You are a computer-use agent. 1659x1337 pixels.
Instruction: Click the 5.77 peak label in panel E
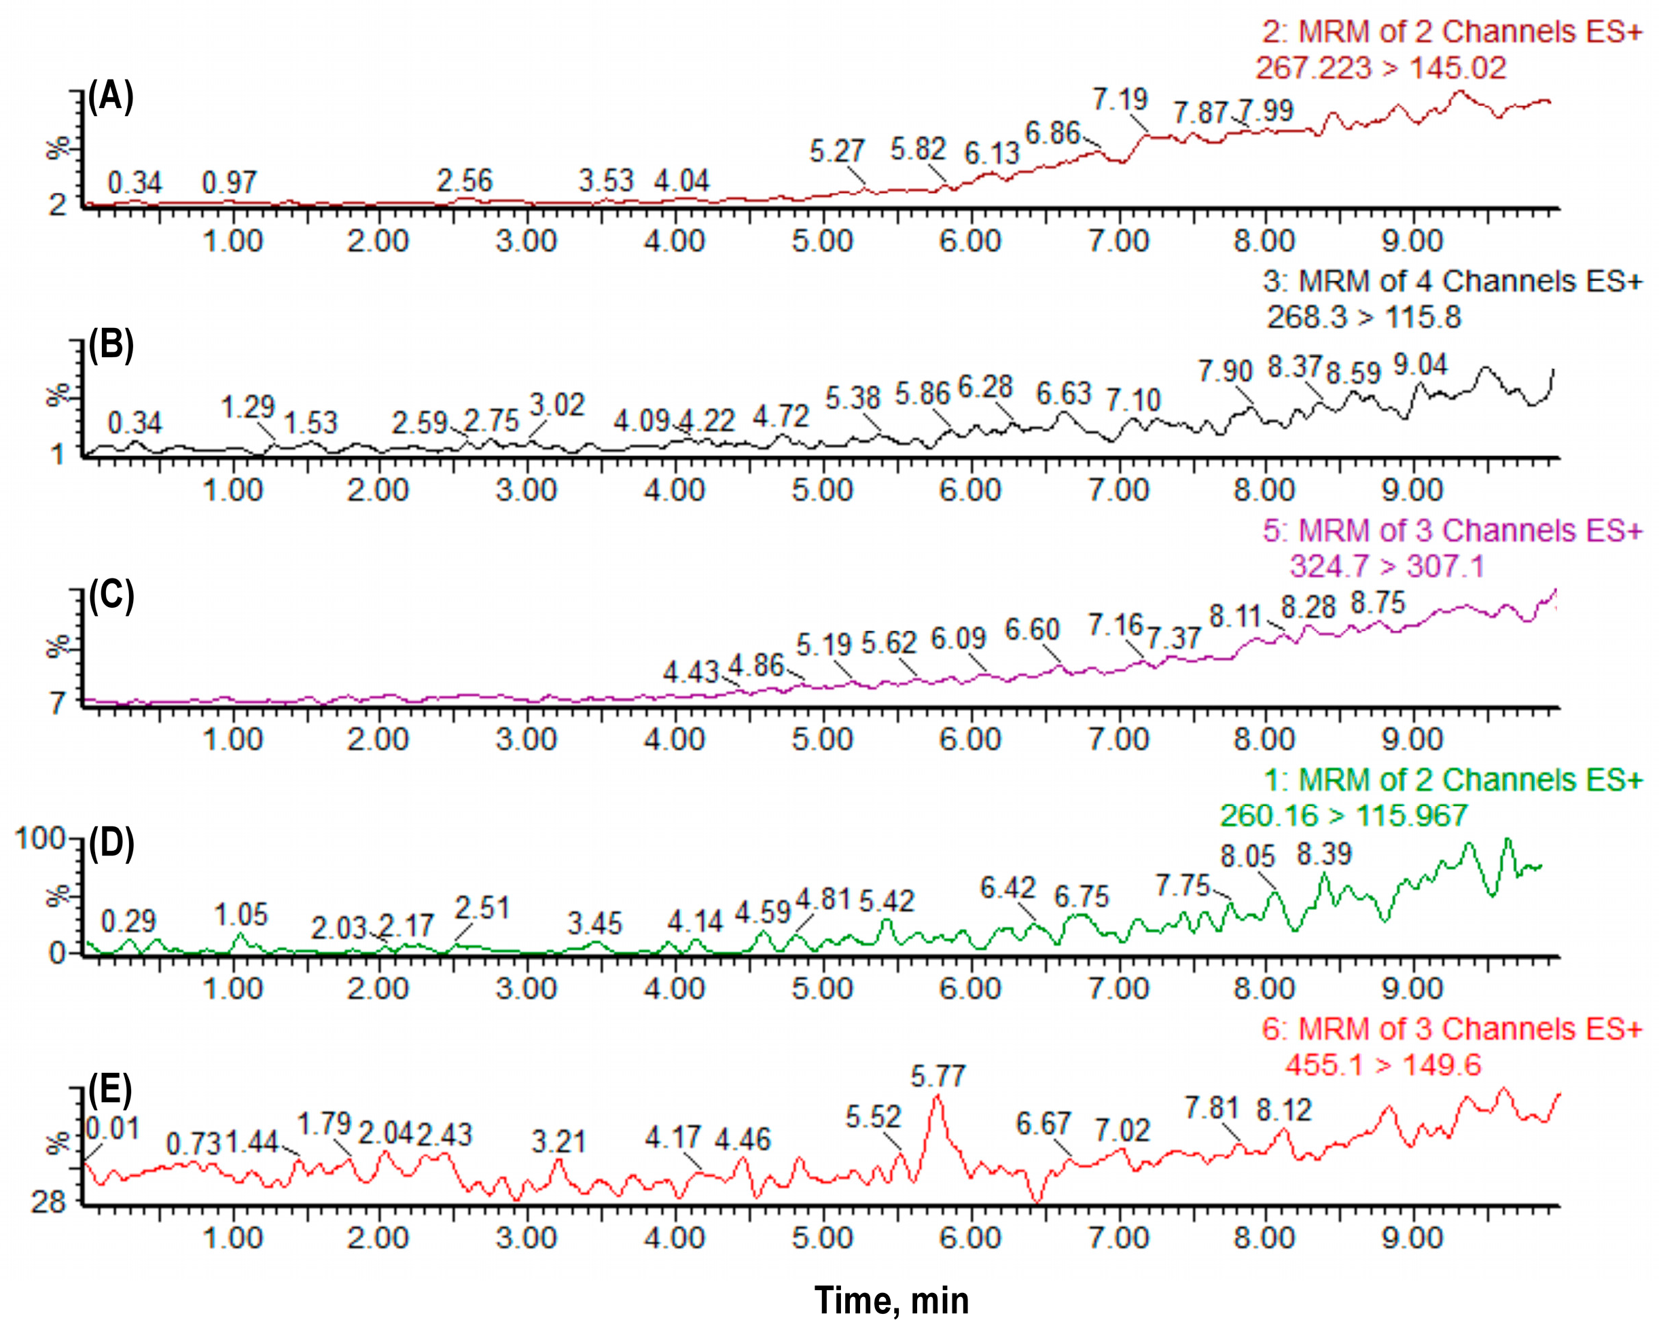pos(938,1076)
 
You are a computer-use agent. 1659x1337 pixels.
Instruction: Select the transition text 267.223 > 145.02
pos(1381,68)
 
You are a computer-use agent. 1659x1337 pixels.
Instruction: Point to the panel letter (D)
pos(111,843)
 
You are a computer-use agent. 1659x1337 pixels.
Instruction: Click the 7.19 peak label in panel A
pos(1120,99)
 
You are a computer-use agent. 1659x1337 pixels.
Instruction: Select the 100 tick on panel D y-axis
pos(40,839)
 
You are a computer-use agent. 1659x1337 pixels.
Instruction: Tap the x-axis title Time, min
pos(891,1301)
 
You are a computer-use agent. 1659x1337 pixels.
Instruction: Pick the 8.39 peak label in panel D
pos(1324,854)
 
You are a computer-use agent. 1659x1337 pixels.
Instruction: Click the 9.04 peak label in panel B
pos(1420,364)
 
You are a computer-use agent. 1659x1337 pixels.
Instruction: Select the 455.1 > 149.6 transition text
pos(1382,1065)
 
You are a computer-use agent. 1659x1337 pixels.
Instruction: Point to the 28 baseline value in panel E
pos(48,1201)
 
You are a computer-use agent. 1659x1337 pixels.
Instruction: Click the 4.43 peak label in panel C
pos(690,672)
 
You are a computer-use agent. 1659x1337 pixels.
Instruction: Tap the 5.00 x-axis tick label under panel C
pos(822,739)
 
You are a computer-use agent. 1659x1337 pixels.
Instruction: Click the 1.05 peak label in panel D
pos(240,915)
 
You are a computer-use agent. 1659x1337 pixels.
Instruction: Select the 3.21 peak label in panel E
pos(558,1141)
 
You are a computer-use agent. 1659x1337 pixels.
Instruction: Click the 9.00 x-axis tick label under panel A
pos(1412,241)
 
